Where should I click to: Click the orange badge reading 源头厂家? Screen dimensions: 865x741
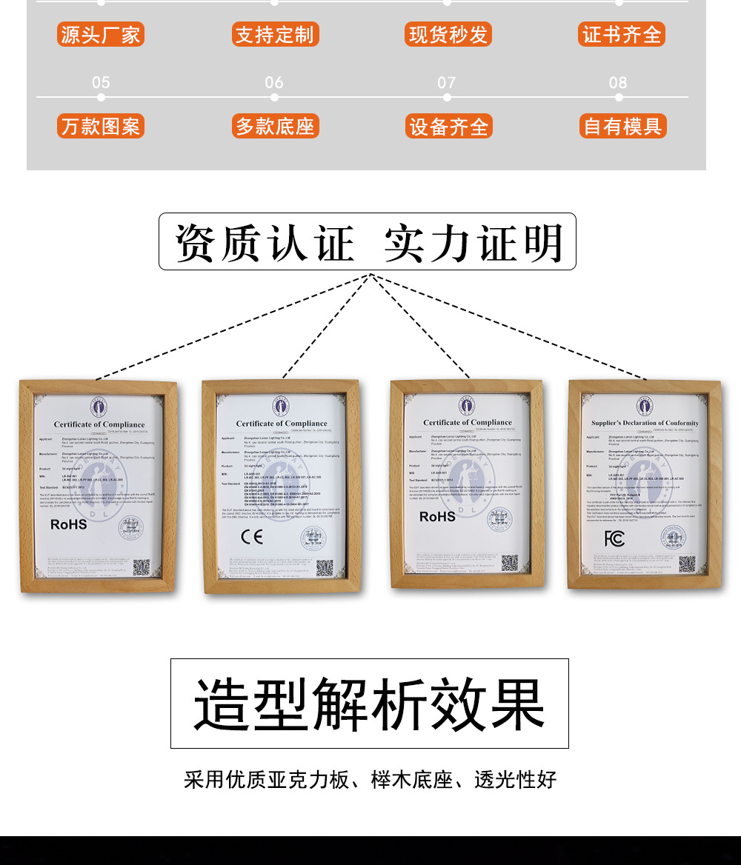(100, 35)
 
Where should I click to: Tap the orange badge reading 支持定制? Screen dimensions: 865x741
(275, 35)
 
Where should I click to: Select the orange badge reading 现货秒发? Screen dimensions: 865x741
(448, 35)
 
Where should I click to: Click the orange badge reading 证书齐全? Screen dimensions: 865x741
(622, 35)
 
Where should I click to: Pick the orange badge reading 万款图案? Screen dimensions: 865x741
(100, 127)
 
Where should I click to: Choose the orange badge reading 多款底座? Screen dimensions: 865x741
(275, 127)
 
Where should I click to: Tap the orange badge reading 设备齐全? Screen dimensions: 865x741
(448, 127)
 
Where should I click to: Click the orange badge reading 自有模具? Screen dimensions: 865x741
(622, 127)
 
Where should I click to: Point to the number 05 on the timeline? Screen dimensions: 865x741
(101, 82)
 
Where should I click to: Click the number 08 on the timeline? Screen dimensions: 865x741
(618, 82)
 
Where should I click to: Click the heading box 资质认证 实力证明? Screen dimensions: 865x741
(368, 242)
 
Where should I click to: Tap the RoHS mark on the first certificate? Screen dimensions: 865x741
(68, 524)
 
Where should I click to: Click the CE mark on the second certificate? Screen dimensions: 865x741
(252, 537)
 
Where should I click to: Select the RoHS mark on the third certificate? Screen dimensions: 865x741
(437, 517)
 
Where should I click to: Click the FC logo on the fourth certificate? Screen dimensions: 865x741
(614, 538)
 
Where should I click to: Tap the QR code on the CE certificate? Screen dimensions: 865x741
(325, 568)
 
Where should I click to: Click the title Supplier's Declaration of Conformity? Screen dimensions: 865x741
(645, 423)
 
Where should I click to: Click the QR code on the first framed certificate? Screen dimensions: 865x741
(141, 567)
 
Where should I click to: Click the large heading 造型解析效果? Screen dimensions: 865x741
(369, 704)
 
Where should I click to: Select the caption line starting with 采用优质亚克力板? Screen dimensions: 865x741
(370, 780)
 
